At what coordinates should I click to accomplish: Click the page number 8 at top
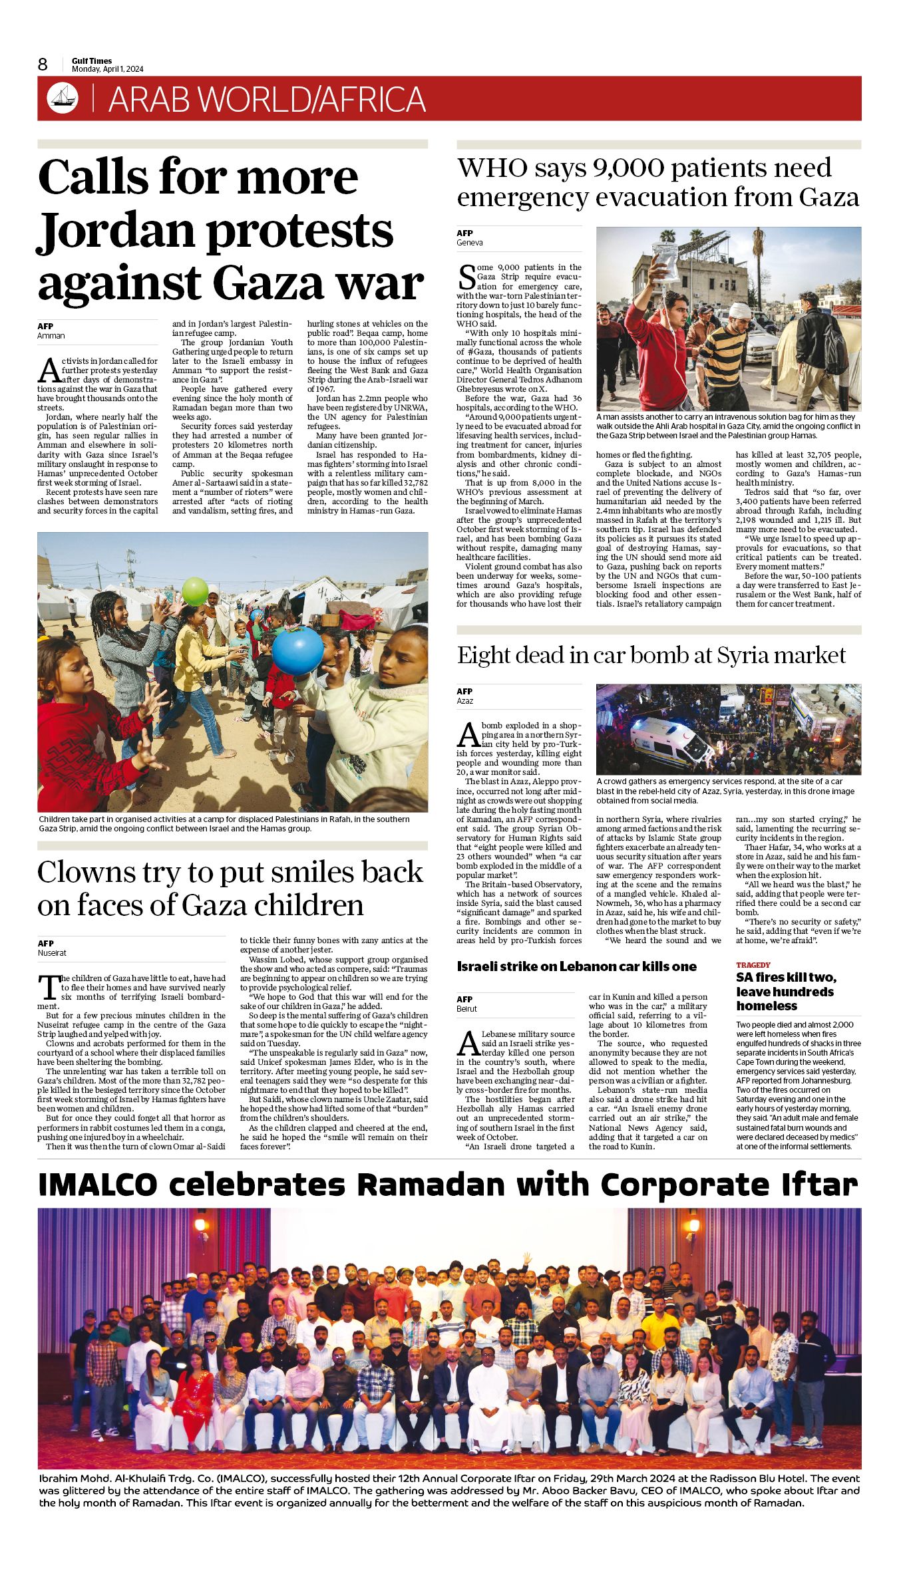pyautogui.click(x=43, y=64)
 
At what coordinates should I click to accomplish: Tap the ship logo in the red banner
pyautogui.click(x=62, y=98)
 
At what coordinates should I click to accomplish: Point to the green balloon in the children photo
pyautogui.click(x=195, y=591)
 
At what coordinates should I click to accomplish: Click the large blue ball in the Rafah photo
pyautogui.click(x=297, y=650)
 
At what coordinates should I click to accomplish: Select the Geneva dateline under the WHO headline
pyautogui.click(x=470, y=243)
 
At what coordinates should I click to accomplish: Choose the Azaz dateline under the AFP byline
pyautogui.click(x=464, y=701)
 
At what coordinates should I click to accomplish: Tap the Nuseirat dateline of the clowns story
pyautogui.click(x=52, y=953)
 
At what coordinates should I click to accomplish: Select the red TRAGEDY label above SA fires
pyautogui.click(x=753, y=965)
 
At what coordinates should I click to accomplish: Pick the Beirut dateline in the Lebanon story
pyautogui.click(x=466, y=1009)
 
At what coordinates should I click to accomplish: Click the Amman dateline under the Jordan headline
pyautogui.click(x=51, y=336)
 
